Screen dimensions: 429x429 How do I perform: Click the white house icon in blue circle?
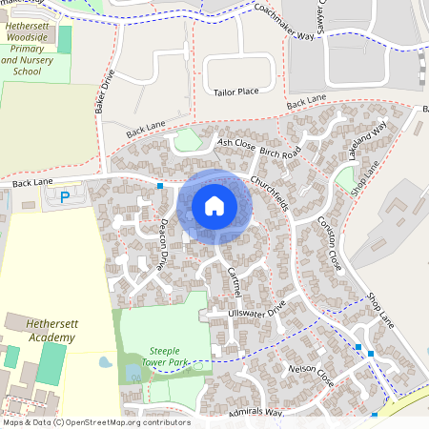pos(214,205)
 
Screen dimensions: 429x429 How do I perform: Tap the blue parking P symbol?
pos(65,197)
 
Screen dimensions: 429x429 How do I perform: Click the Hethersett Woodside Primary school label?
pos(28,51)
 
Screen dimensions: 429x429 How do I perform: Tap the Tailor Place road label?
pos(235,92)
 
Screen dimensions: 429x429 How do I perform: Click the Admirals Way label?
pos(256,413)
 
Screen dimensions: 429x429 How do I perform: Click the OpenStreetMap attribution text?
pos(96,422)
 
